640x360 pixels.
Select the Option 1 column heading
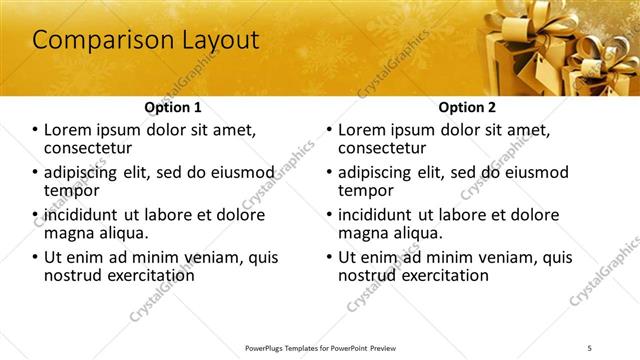coord(173,107)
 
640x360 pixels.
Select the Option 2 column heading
coord(467,107)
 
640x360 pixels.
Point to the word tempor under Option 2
coord(366,190)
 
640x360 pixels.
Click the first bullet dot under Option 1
coord(36,130)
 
